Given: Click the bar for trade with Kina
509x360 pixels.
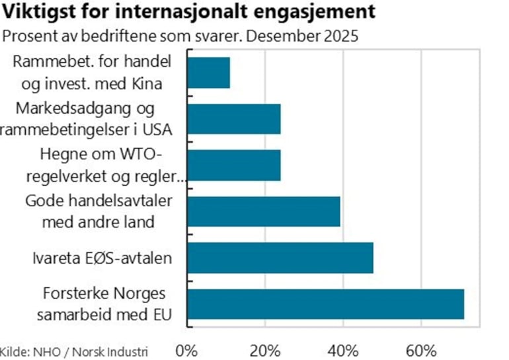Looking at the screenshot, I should coord(209,73).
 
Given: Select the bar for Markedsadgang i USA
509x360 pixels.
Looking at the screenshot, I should coord(234,119).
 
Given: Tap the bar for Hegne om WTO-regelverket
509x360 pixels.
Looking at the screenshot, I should coord(234,165).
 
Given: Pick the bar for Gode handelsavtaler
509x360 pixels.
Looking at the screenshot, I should coord(264,211).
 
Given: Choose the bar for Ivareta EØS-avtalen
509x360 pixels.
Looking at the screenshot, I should coord(280,258).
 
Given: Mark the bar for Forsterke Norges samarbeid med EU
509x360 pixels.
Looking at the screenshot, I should coord(326,304).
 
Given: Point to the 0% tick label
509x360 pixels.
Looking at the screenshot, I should coord(188,349).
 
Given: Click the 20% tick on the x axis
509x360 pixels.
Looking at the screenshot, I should coord(265,349).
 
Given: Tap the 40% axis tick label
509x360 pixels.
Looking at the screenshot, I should coord(343,349).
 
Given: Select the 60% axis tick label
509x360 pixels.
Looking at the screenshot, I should coord(421,349).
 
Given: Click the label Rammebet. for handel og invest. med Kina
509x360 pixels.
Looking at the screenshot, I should coord(92,73).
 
